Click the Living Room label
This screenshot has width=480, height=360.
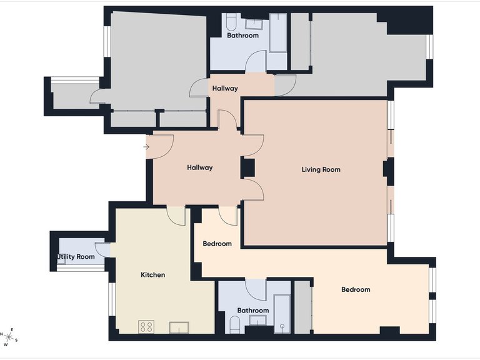click(321, 169)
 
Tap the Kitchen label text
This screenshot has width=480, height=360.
click(152, 275)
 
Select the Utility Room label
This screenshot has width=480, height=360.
click(76, 256)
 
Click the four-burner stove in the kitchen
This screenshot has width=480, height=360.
click(146, 327)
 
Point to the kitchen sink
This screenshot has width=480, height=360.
click(179, 327)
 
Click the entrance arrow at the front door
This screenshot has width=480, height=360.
click(146, 147)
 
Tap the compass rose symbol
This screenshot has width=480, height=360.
click(9, 337)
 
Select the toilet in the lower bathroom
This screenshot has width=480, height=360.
click(235, 325)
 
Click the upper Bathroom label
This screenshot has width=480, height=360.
click(242, 36)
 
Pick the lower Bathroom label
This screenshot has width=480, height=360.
click(253, 311)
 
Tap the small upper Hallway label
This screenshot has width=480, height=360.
click(225, 89)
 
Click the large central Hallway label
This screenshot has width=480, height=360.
click(200, 167)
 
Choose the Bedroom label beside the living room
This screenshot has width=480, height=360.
click(217, 244)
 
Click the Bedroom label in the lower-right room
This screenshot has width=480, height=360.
click(356, 289)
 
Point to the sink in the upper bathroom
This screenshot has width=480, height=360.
click(254, 24)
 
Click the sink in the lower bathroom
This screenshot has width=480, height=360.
click(257, 321)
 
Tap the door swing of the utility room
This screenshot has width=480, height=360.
click(102, 249)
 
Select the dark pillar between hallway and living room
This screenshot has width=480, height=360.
click(248, 167)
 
